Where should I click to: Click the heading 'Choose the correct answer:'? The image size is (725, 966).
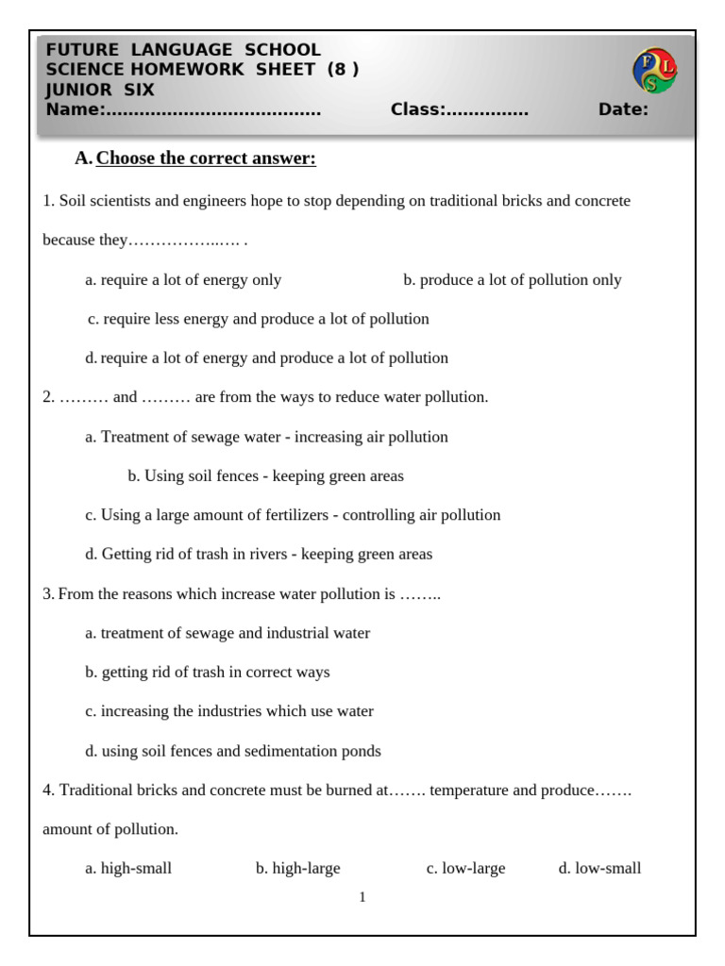(206, 158)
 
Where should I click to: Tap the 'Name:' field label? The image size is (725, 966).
(75, 110)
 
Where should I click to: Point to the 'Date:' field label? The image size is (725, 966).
(623, 110)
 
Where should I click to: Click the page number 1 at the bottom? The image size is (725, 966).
(362, 897)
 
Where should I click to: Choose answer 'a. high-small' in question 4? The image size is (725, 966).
(128, 868)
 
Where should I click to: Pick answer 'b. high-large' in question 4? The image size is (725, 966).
(297, 868)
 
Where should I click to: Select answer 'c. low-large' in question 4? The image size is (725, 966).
(465, 868)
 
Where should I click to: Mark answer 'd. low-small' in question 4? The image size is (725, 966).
(599, 868)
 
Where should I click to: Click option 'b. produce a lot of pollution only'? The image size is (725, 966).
(512, 279)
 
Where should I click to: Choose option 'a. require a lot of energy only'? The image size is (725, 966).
(183, 279)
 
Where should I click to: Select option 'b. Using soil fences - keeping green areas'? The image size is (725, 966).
(265, 475)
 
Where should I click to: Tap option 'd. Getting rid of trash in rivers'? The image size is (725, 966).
(259, 554)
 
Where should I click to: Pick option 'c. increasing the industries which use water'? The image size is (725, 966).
(229, 711)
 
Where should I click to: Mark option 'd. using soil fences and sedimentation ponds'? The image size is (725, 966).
(233, 751)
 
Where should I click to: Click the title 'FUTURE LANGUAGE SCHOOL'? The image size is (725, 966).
(183, 50)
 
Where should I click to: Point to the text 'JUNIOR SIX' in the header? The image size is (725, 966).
(100, 91)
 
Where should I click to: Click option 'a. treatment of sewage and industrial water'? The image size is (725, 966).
(228, 633)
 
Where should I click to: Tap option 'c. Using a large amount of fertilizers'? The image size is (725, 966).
(293, 515)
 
